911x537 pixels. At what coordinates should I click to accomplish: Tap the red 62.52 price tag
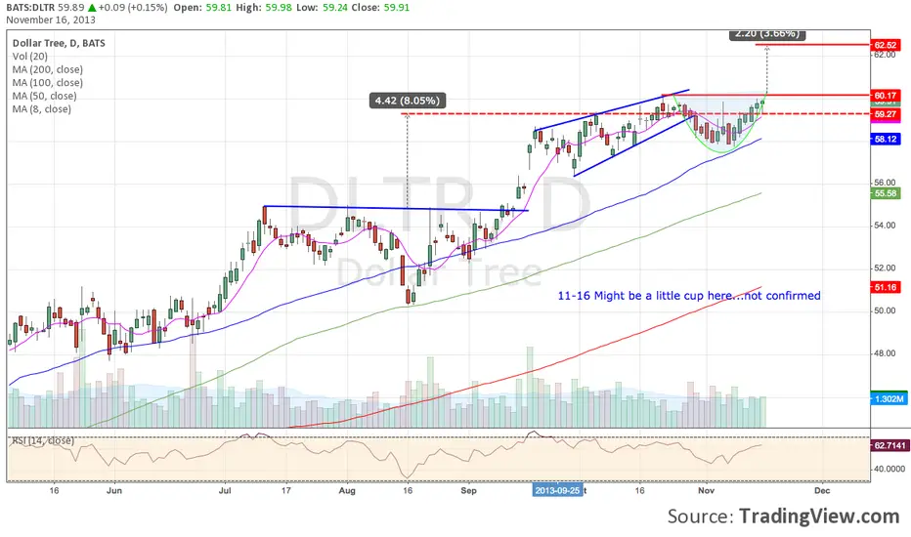pos(886,45)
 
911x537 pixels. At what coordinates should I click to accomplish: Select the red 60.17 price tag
pos(886,95)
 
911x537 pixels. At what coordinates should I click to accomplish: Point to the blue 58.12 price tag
pos(886,140)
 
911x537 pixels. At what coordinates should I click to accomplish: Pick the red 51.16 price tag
pos(886,287)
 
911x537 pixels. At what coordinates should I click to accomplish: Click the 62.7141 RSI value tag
pos(886,445)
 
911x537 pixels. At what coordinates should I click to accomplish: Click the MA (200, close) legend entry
pos(48,69)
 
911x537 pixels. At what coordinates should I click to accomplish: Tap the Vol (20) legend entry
pos(31,57)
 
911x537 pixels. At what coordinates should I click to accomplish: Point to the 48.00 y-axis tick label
pos(886,353)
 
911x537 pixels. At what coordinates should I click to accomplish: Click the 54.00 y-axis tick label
pos(886,226)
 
